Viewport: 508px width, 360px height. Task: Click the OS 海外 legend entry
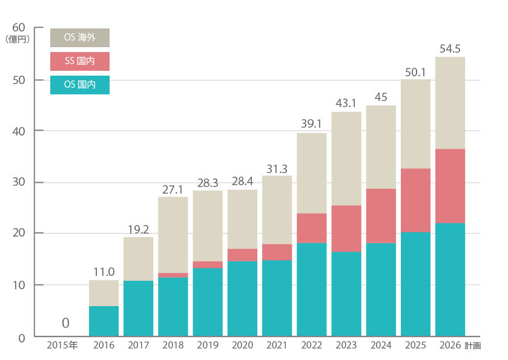tap(79, 38)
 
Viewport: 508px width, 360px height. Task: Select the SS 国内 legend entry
tap(79, 61)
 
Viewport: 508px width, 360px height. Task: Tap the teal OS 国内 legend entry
tap(79, 85)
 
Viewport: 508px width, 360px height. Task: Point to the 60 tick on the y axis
tap(18, 28)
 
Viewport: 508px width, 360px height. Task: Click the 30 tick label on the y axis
tap(18, 182)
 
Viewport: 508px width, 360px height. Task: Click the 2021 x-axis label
tap(277, 346)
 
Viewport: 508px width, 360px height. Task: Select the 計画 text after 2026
tap(473, 346)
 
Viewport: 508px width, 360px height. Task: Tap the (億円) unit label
tap(17, 39)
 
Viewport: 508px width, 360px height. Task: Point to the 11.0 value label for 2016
tap(104, 272)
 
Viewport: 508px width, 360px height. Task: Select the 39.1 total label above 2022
tap(311, 124)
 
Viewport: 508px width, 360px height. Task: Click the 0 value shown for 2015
tap(65, 322)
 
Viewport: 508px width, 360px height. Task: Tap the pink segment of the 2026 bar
tap(450, 186)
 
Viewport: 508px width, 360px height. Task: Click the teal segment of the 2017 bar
tap(138, 308)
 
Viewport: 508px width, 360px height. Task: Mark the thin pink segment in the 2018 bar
tap(173, 275)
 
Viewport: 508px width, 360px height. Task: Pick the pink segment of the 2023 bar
tap(346, 228)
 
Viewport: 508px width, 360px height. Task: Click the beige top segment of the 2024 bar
tap(381, 147)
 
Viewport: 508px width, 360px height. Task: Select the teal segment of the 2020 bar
tap(242, 298)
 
